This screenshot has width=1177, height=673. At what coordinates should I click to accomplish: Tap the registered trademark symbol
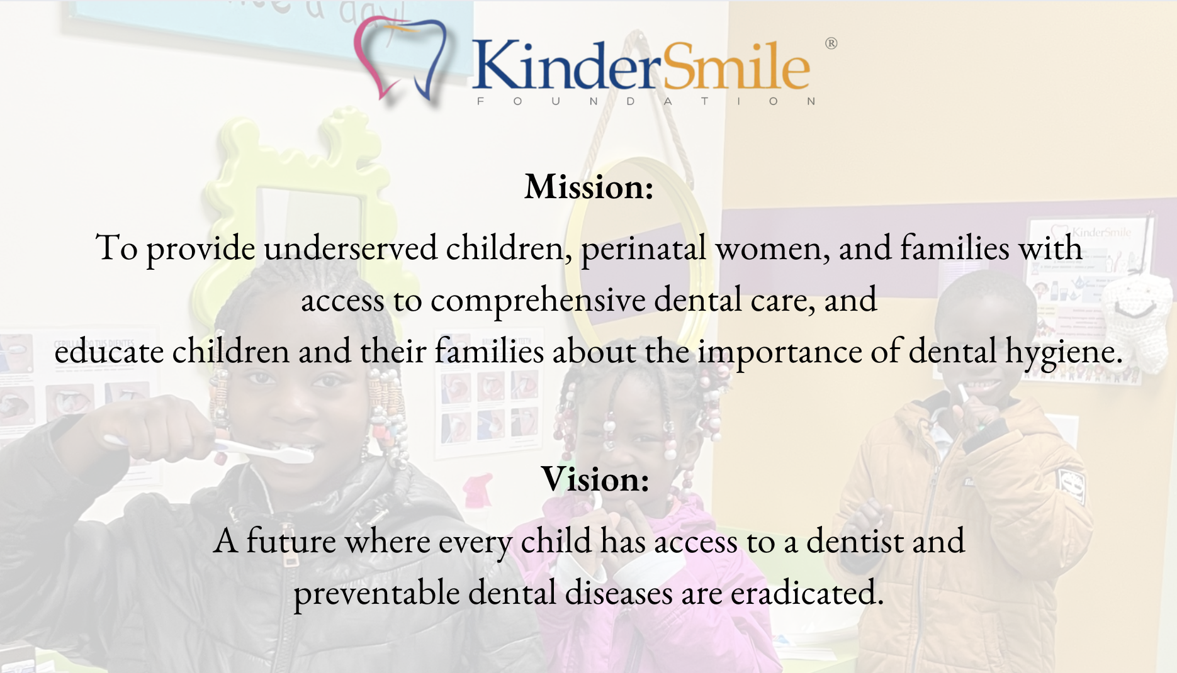[x=831, y=43]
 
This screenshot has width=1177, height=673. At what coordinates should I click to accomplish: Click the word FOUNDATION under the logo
[x=646, y=101]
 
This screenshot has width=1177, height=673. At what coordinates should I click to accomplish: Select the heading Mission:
[x=589, y=187]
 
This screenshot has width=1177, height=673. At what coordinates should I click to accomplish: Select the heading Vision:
[x=595, y=479]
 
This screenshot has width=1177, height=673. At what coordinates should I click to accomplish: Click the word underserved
[x=350, y=248]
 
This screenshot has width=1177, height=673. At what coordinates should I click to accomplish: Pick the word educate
[x=109, y=351]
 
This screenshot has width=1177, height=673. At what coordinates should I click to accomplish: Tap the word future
[x=291, y=541]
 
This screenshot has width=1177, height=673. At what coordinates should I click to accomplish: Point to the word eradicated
[x=808, y=592]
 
